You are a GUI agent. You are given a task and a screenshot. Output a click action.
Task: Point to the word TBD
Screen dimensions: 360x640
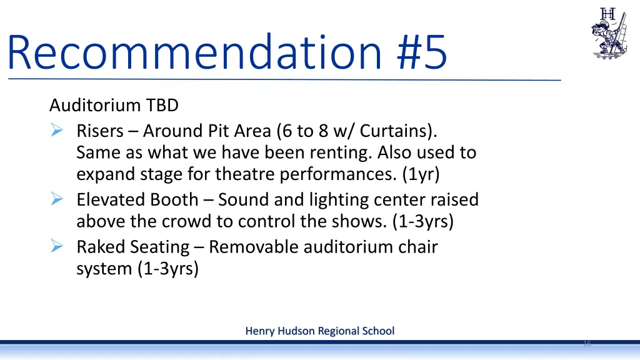click(163, 106)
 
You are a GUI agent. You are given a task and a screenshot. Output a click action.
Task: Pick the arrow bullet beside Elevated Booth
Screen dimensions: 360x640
click(56, 200)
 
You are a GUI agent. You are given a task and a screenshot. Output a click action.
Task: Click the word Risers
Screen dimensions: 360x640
click(100, 131)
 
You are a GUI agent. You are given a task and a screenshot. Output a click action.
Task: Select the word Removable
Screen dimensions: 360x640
click(254, 247)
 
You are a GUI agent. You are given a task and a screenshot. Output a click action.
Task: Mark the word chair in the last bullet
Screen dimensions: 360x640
click(419, 247)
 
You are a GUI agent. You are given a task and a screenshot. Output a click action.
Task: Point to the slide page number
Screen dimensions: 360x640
click(587, 344)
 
